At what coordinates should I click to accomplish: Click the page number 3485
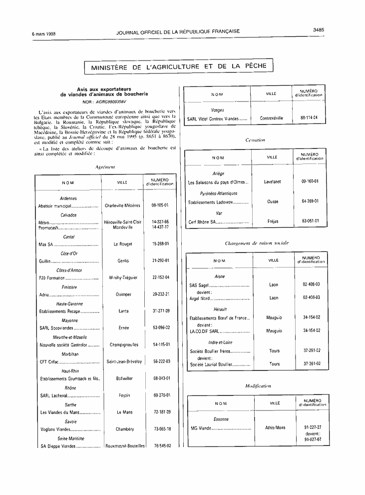319,30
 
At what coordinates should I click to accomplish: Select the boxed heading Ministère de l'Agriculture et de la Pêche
179,66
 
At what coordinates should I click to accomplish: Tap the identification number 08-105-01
161,205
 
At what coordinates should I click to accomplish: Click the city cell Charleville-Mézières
122,205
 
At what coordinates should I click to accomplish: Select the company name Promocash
49,227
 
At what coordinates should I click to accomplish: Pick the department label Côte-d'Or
69,253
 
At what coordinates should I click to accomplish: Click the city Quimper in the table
123,294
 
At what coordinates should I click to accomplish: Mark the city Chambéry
125,429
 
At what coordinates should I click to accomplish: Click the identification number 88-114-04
310,118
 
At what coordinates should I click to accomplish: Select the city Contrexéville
272,118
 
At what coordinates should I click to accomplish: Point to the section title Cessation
255,140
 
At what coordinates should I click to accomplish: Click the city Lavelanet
272,182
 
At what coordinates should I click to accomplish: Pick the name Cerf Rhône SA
202,221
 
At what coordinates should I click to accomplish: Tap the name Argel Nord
200,298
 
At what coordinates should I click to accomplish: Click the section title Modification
258,386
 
